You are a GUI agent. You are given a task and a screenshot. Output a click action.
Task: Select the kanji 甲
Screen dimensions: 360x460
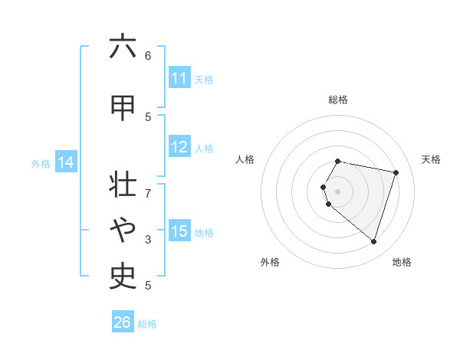[123, 107]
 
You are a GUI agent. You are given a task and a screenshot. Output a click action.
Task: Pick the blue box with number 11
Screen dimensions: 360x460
[179, 78]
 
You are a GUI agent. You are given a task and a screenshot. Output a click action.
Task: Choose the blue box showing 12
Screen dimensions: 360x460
[179, 148]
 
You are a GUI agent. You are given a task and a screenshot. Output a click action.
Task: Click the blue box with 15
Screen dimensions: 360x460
[179, 231]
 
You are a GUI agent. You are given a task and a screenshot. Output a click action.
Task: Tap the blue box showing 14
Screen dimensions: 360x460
[65, 162]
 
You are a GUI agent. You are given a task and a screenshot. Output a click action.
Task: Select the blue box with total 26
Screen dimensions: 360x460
[123, 322]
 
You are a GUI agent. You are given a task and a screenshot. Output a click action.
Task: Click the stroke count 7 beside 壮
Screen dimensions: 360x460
[148, 185]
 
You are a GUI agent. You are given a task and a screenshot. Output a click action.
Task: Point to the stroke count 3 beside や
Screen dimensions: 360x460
[148, 240]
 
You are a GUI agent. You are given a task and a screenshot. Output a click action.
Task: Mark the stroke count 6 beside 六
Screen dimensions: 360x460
[148, 55]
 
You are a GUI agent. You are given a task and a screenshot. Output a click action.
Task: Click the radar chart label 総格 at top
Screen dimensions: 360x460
[338, 100]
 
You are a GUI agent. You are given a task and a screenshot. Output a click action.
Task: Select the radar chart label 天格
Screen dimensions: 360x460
[431, 159]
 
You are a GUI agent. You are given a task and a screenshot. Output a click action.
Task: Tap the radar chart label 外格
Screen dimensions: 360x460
[270, 262]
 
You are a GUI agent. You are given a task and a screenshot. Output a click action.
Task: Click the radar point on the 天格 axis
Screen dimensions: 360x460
[396, 172]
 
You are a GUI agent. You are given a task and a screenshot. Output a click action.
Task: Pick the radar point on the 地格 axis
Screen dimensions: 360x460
[373, 241]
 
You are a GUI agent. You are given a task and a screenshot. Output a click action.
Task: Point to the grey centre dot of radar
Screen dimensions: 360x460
[337, 191]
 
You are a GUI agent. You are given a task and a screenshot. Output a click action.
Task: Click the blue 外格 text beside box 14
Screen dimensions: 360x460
[41, 163]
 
